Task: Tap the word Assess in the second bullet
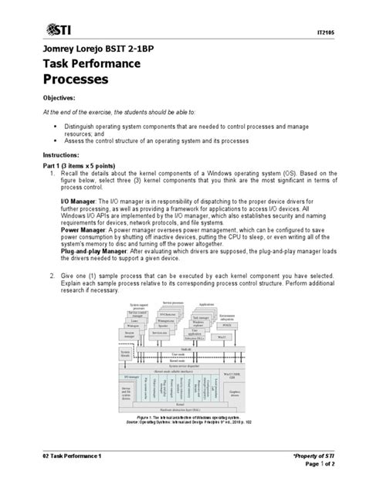tap(80, 141)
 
